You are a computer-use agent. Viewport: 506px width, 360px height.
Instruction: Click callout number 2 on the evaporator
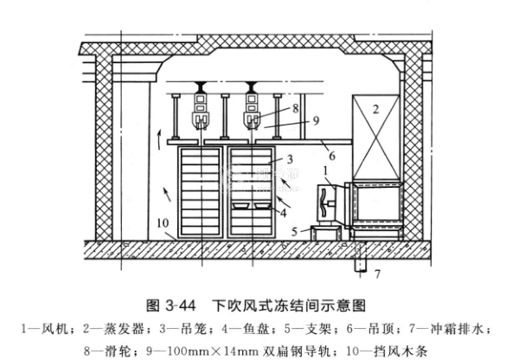pyautogui.click(x=375, y=110)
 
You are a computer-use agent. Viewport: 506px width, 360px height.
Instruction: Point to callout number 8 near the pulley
pyautogui.click(x=295, y=108)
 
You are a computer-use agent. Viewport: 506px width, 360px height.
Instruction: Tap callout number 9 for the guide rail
pyautogui.click(x=316, y=120)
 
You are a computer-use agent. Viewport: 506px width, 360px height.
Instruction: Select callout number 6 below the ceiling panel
pyautogui.click(x=332, y=157)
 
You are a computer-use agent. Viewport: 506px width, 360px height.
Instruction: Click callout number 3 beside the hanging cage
pyautogui.click(x=290, y=159)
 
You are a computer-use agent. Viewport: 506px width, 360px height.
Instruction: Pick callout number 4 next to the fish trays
pyautogui.click(x=284, y=213)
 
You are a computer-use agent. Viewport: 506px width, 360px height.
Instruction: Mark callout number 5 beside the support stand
pyautogui.click(x=294, y=232)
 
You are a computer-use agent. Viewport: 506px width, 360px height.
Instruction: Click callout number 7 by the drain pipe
pyautogui.click(x=377, y=274)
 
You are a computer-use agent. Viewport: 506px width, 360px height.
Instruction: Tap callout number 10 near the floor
pyautogui.click(x=163, y=223)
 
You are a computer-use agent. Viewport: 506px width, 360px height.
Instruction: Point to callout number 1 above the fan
pyautogui.click(x=325, y=170)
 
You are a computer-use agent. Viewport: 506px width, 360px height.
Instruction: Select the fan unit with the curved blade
pyautogui.click(x=329, y=203)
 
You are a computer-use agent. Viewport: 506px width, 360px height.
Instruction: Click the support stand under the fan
pyautogui.click(x=325, y=233)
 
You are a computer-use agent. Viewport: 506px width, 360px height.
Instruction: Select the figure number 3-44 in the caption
pyautogui.click(x=180, y=305)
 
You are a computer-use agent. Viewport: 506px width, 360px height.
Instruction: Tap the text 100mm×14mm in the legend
pyautogui.click(x=202, y=351)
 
